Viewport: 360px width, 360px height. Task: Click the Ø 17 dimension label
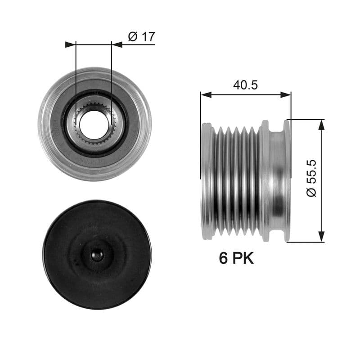(141, 36)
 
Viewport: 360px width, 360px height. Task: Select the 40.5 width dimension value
(245, 85)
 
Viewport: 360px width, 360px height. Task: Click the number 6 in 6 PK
(223, 258)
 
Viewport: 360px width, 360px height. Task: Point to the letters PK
(243, 258)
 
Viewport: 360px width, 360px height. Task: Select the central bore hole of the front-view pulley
(94, 122)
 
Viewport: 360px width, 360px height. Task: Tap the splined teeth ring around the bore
(80, 112)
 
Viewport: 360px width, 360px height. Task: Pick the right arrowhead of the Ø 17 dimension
(117, 45)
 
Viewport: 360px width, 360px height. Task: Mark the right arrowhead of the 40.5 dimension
(286, 94)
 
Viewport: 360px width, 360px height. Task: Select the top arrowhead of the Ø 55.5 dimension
(321, 125)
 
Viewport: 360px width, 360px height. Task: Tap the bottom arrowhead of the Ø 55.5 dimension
(321, 237)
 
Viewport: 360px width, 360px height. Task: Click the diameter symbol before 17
(132, 36)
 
